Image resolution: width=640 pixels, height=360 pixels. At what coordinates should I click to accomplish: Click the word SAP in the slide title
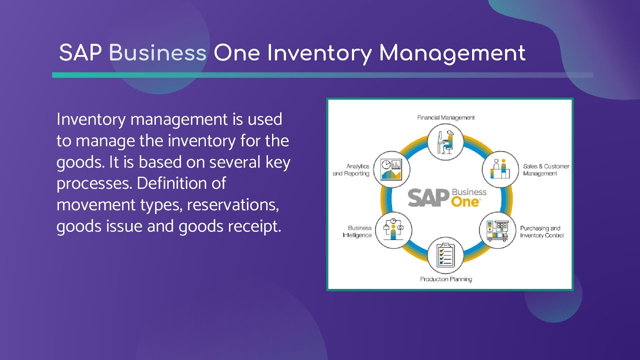(81, 52)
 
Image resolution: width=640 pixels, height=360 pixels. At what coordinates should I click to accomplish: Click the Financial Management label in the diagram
(446, 117)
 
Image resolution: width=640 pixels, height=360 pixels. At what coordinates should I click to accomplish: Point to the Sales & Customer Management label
(546, 169)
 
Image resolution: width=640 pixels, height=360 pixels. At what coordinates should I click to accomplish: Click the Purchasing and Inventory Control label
(542, 232)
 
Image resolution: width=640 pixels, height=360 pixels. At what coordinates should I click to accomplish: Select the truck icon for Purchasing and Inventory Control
(497, 230)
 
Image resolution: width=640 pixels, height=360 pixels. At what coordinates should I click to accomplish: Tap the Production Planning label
(446, 279)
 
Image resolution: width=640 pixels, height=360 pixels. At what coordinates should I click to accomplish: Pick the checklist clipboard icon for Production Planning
(445, 255)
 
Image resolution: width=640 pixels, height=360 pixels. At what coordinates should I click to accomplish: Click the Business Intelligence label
(357, 231)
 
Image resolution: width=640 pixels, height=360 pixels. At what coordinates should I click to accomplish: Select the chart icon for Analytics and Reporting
(391, 169)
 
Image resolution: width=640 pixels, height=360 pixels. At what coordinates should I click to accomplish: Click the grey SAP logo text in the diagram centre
(428, 198)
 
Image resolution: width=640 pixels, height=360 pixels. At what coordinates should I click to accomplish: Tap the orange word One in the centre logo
(465, 201)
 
